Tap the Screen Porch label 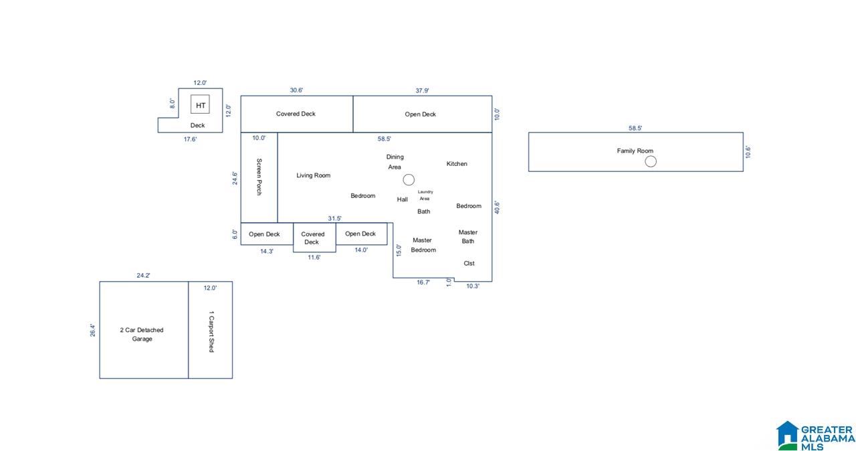click(x=259, y=177)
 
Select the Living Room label click(x=314, y=175)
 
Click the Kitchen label click(x=457, y=163)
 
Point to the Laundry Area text click(x=425, y=195)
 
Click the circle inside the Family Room click(x=651, y=162)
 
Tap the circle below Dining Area click(x=409, y=179)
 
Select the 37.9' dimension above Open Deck click(x=422, y=90)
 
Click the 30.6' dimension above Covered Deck click(x=296, y=90)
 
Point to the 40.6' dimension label click(x=497, y=207)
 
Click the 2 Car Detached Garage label click(x=142, y=335)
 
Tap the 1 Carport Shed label click(x=211, y=331)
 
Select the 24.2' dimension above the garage click(x=143, y=275)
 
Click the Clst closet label click(x=469, y=264)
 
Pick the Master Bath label click(x=468, y=237)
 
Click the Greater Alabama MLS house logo click(x=788, y=436)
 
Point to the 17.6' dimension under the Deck click(x=190, y=139)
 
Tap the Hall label click(x=402, y=199)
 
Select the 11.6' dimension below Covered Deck click(x=314, y=257)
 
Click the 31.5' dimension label click(x=334, y=218)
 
